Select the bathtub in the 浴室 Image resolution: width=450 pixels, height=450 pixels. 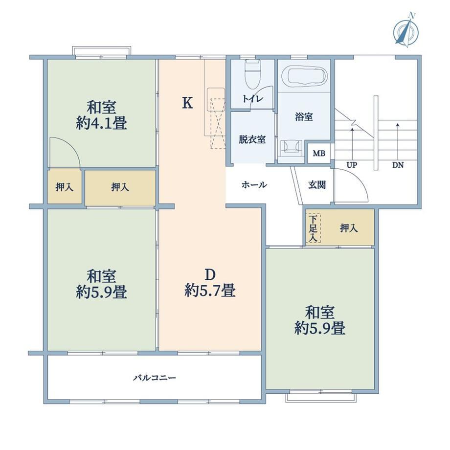pos(305,76)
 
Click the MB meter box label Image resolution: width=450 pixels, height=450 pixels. pos(319,154)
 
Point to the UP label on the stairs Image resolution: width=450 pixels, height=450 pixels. pos(352,165)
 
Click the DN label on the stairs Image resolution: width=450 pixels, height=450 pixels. pos(398,165)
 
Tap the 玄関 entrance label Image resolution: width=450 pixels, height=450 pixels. pos(317,185)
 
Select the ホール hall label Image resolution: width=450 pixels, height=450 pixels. pos(254,184)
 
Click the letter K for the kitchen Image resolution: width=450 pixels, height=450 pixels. pos(188,103)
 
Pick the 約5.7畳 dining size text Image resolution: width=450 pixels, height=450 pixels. pos(210,290)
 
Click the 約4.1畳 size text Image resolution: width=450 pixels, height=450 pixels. pos(102,123)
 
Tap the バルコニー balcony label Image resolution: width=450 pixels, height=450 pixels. pos(155,378)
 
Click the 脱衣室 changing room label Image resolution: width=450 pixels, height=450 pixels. pos(252,139)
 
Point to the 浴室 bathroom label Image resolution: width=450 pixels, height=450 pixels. pos(304,117)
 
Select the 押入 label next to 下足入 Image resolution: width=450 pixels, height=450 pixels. pos(349,228)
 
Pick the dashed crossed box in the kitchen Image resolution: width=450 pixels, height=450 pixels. pos(218,123)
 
